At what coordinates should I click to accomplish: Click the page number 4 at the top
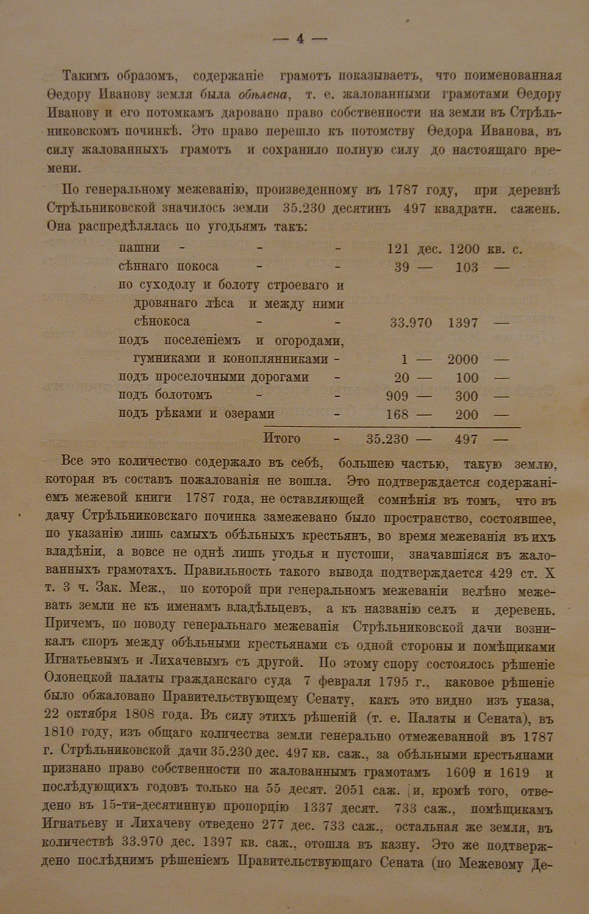click(x=299, y=39)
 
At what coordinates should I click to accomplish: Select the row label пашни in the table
click(x=140, y=248)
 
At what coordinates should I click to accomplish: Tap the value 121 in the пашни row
click(x=398, y=249)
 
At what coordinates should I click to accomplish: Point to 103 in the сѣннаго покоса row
click(x=466, y=267)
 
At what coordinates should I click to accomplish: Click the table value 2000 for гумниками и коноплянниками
click(x=463, y=360)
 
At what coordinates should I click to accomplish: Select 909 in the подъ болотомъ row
click(x=398, y=396)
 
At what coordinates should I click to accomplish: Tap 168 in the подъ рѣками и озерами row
click(x=398, y=414)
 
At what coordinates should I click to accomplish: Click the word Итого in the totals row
click(x=281, y=438)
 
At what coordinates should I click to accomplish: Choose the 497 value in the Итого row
click(x=466, y=439)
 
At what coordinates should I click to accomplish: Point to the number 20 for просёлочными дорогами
click(x=402, y=378)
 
